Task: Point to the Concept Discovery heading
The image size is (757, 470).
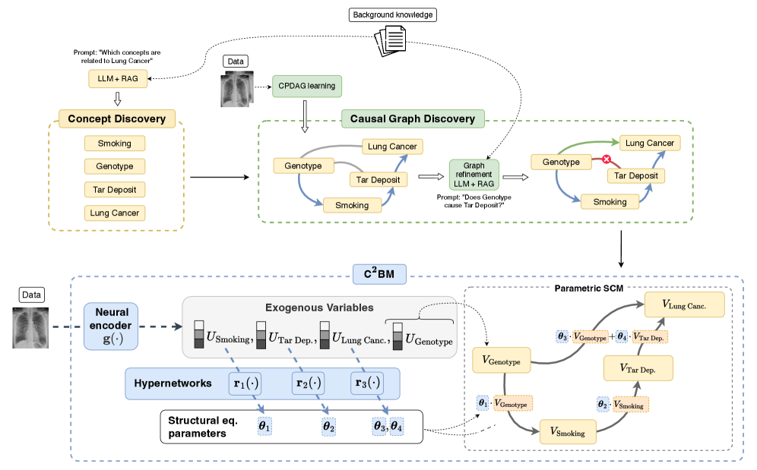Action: (116, 118)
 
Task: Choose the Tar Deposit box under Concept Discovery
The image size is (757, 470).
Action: (114, 189)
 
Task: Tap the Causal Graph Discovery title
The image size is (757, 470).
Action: (412, 118)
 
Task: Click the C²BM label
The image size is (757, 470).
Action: (378, 273)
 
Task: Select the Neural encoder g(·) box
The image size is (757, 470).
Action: (111, 324)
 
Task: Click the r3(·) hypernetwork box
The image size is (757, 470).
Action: (367, 383)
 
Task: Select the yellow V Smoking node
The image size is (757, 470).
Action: (567, 432)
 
